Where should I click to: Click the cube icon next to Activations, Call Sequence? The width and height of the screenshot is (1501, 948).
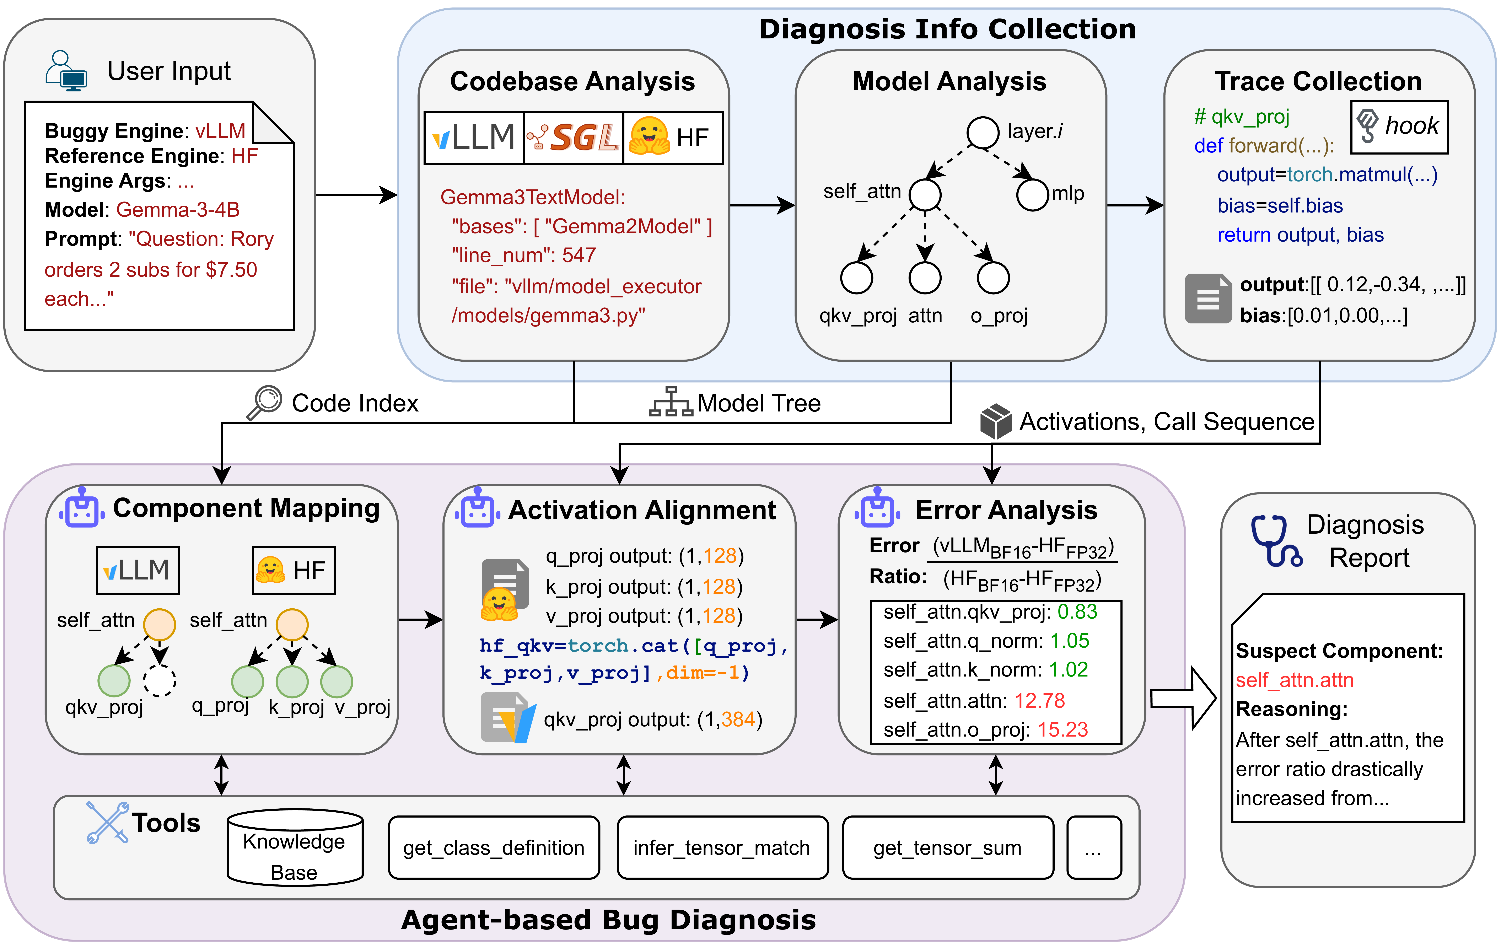click(x=995, y=421)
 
